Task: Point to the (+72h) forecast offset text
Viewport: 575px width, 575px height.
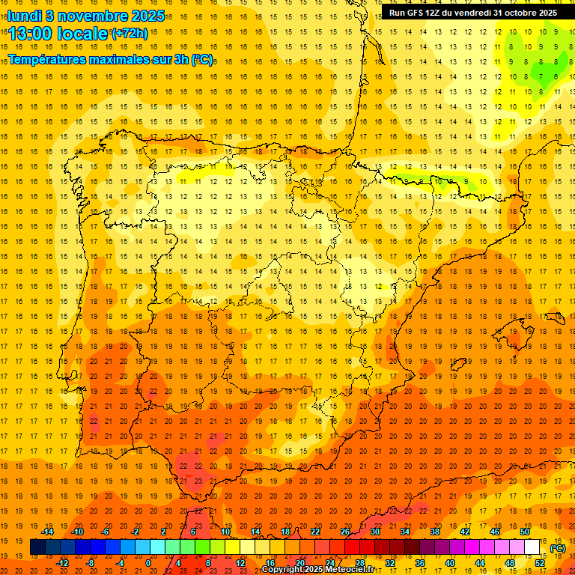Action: coord(130,34)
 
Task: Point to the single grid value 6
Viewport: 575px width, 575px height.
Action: coord(556,76)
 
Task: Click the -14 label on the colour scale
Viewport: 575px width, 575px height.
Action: coord(48,532)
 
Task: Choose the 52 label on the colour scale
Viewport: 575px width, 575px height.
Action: coord(540,563)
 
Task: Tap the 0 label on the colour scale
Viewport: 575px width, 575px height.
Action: coord(149,563)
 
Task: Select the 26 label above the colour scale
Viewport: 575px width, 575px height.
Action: coord(344,532)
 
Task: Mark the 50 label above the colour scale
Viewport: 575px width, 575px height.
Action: coord(525,532)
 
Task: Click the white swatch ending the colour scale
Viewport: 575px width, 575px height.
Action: coord(532,547)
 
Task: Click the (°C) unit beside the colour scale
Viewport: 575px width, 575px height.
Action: coord(557,548)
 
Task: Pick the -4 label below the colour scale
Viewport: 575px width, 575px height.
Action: coord(119,563)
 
